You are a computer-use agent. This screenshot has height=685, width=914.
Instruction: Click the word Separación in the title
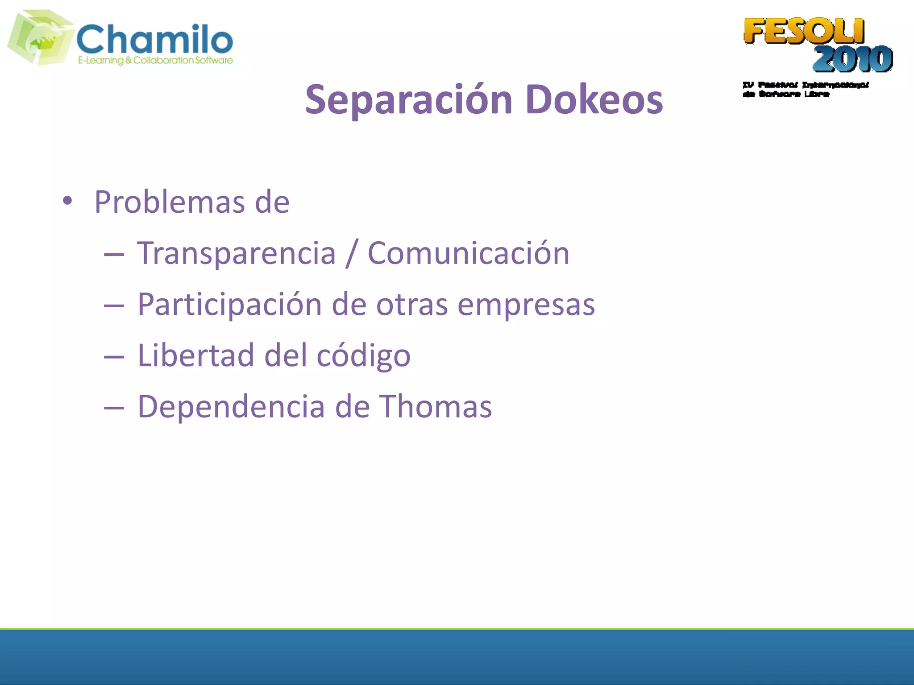pyautogui.click(x=408, y=100)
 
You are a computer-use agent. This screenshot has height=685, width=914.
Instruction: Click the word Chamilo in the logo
pyautogui.click(x=155, y=39)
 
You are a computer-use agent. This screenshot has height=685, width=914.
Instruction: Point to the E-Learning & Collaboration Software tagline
pyautogui.click(x=155, y=61)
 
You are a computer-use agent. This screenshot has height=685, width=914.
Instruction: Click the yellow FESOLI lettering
pyautogui.click(x=804, y=31)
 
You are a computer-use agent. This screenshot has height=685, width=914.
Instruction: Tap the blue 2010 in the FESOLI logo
pyautogui.click(x=852, y=59)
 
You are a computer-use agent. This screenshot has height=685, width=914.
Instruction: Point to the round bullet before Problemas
pyautogui.click(x=67, y=201)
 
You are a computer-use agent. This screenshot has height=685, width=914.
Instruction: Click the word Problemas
pyautogui.click(x=170, y=202)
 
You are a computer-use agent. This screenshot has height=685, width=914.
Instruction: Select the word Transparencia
pyautogui.click(x=236, y=253)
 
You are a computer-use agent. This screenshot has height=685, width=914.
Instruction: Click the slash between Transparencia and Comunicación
pyautogui.click(x=351, y=253)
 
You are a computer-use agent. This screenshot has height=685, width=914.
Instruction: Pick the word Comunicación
pyautogui.click(x=468, y=253)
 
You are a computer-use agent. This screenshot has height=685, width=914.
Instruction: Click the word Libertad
pyautogui.click(x=196, y=356)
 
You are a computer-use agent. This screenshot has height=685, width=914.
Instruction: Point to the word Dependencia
pyautogui.click(x=231, y=407)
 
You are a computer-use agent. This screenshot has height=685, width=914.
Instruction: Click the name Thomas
pyautogui.click(x=436, y=407)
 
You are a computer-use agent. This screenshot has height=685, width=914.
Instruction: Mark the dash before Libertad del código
pyautogui.click(x=113, y=357)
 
